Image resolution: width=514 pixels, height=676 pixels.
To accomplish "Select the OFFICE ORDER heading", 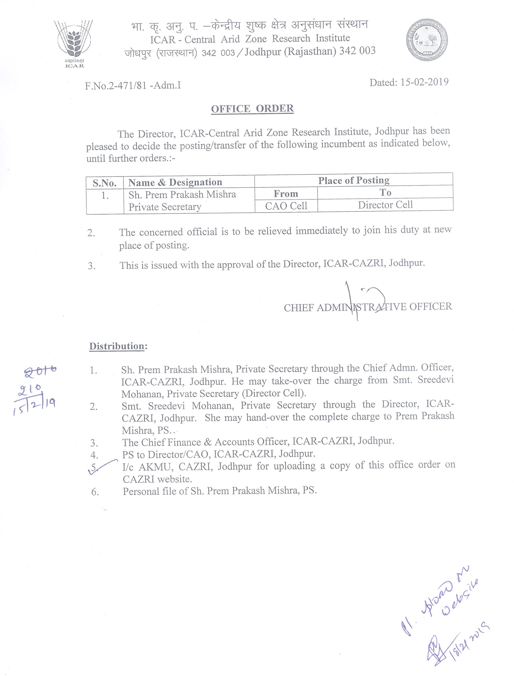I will (x=252, y=109).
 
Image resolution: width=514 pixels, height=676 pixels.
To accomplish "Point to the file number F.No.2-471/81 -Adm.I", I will (x=133, y=85).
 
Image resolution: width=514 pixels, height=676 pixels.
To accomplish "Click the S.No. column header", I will (x=105, y=183).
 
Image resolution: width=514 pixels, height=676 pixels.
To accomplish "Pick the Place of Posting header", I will (x=354, y=180).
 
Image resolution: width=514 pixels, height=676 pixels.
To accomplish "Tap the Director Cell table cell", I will (x=385, y=205).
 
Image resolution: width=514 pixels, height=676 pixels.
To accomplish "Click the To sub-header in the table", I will (x=385, y=193).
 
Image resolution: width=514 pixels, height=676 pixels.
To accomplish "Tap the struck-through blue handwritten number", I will (x=40, y=371).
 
